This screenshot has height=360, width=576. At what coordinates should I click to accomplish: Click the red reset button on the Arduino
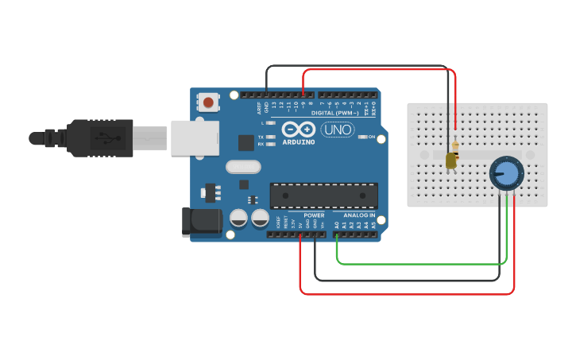click(x=208, y=102)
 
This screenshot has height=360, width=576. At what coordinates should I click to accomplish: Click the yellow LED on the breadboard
click(x=451, y=161)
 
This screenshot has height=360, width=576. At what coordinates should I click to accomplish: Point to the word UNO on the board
click(x=338, y=129)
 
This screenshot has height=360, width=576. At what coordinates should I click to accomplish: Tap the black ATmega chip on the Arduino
click(x=323, y=195)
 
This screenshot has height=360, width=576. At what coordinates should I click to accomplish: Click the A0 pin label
click(x=336, y=225)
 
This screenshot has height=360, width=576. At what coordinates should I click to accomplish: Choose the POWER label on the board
click(x=314, y=215)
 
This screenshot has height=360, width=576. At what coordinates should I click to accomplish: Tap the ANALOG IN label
click(x=359, y=215)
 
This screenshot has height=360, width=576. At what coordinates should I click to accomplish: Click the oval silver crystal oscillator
click(x=242, y=167)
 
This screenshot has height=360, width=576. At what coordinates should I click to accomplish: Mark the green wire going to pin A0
click(x=421, y=263)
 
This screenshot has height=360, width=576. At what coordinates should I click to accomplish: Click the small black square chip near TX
click(x=246, y=143)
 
